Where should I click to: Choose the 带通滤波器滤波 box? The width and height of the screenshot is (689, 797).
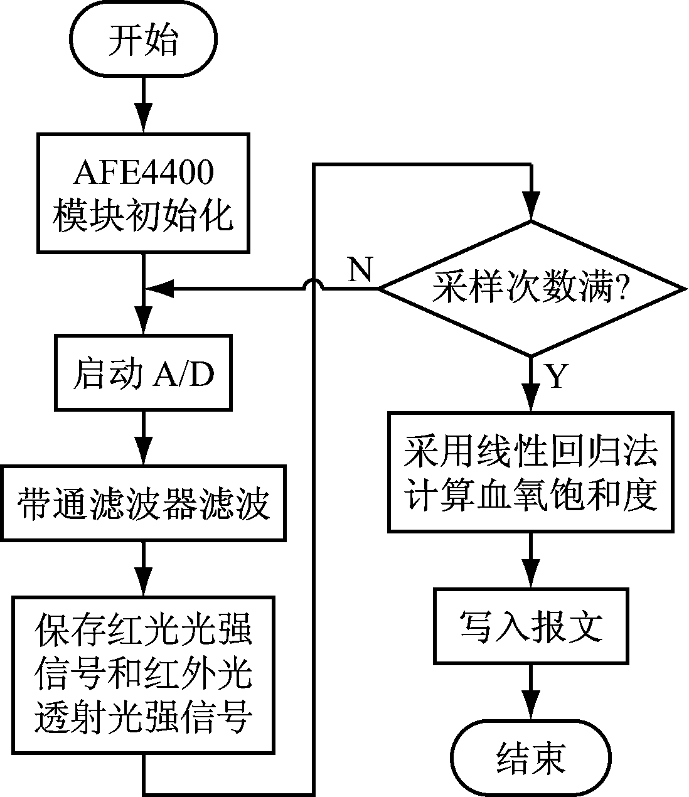pos(144,502)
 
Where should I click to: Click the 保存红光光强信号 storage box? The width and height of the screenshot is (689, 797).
pos(144,675)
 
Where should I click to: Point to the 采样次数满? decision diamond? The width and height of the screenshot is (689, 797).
pos(531,289)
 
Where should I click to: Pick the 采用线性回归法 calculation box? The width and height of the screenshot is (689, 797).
pos(531,472)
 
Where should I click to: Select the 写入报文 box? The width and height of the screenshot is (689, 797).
pos(531,625)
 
